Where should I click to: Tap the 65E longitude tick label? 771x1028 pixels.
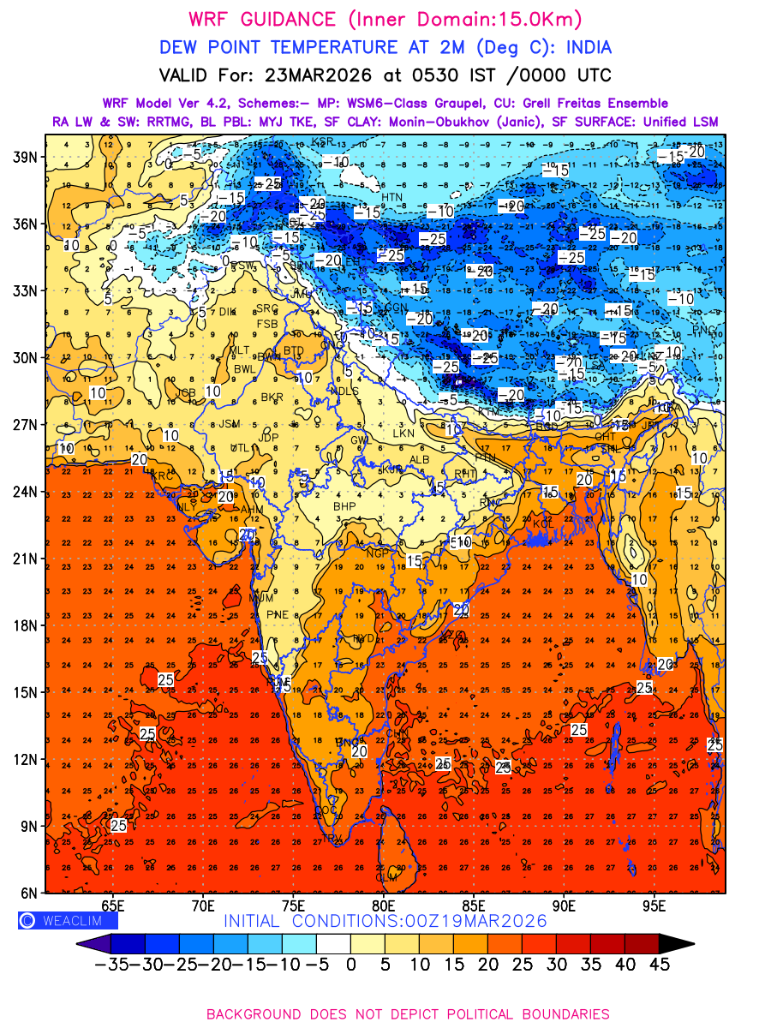coord(113,905)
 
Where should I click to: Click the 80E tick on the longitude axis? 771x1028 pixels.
coord(383,905)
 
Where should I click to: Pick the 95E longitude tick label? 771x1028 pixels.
coord(654,905)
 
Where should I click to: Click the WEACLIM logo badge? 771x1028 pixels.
coord(68,920)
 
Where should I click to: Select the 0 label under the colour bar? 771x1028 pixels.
coord(350,964)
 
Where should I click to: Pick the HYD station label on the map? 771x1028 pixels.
coord(364,638)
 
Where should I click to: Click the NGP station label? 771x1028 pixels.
coord(378,553)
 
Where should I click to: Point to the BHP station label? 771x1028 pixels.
coord(344,507)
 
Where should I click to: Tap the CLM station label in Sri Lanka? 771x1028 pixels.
coord(387,877)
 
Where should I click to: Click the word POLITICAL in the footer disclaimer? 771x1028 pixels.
coord(474,1013)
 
